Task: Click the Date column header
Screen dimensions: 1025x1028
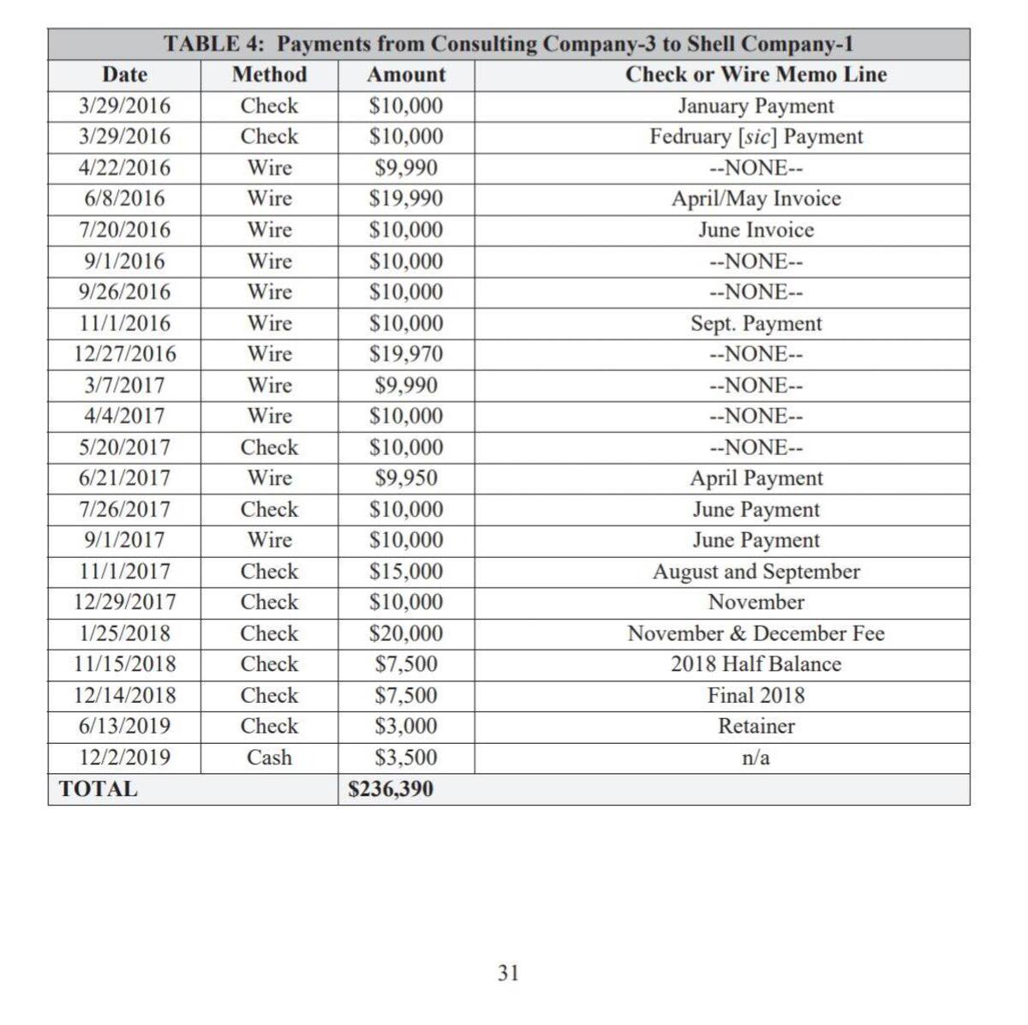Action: (x=124, y=75)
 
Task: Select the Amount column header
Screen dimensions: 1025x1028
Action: (x=406, y=75)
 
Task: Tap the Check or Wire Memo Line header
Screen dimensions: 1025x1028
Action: (x=756, y=75)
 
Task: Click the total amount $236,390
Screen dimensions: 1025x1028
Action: (x=391, y=789)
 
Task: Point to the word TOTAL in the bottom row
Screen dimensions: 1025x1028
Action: (x=98, y=789)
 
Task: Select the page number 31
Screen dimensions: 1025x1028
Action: (x=508, y=973)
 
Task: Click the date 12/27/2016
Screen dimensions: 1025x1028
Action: (x=124, y=354)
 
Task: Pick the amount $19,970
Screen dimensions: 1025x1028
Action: (x=406, y=354)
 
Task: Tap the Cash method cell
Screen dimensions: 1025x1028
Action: (x=269, y=758)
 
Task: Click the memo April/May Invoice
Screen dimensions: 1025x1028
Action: (x=756, y=199)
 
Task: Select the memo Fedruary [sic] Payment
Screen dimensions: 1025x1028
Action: (x=756, y=137)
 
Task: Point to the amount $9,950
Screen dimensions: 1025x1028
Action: (x=406, y=478)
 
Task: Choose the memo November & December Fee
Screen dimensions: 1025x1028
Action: (x=756, y=633)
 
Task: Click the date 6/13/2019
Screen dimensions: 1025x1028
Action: (x=124, y=726)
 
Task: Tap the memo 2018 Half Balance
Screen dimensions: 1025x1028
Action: (x=756, y=664)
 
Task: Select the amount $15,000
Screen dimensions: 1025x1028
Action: (x=406, y=572)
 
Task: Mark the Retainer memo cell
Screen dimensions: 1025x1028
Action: (x=756, y=726)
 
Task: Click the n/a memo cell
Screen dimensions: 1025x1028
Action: (x=756, y=758)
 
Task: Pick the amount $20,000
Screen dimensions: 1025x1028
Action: (x=406, y=633)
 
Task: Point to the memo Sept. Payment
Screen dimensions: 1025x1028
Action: (x=756, y=323)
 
